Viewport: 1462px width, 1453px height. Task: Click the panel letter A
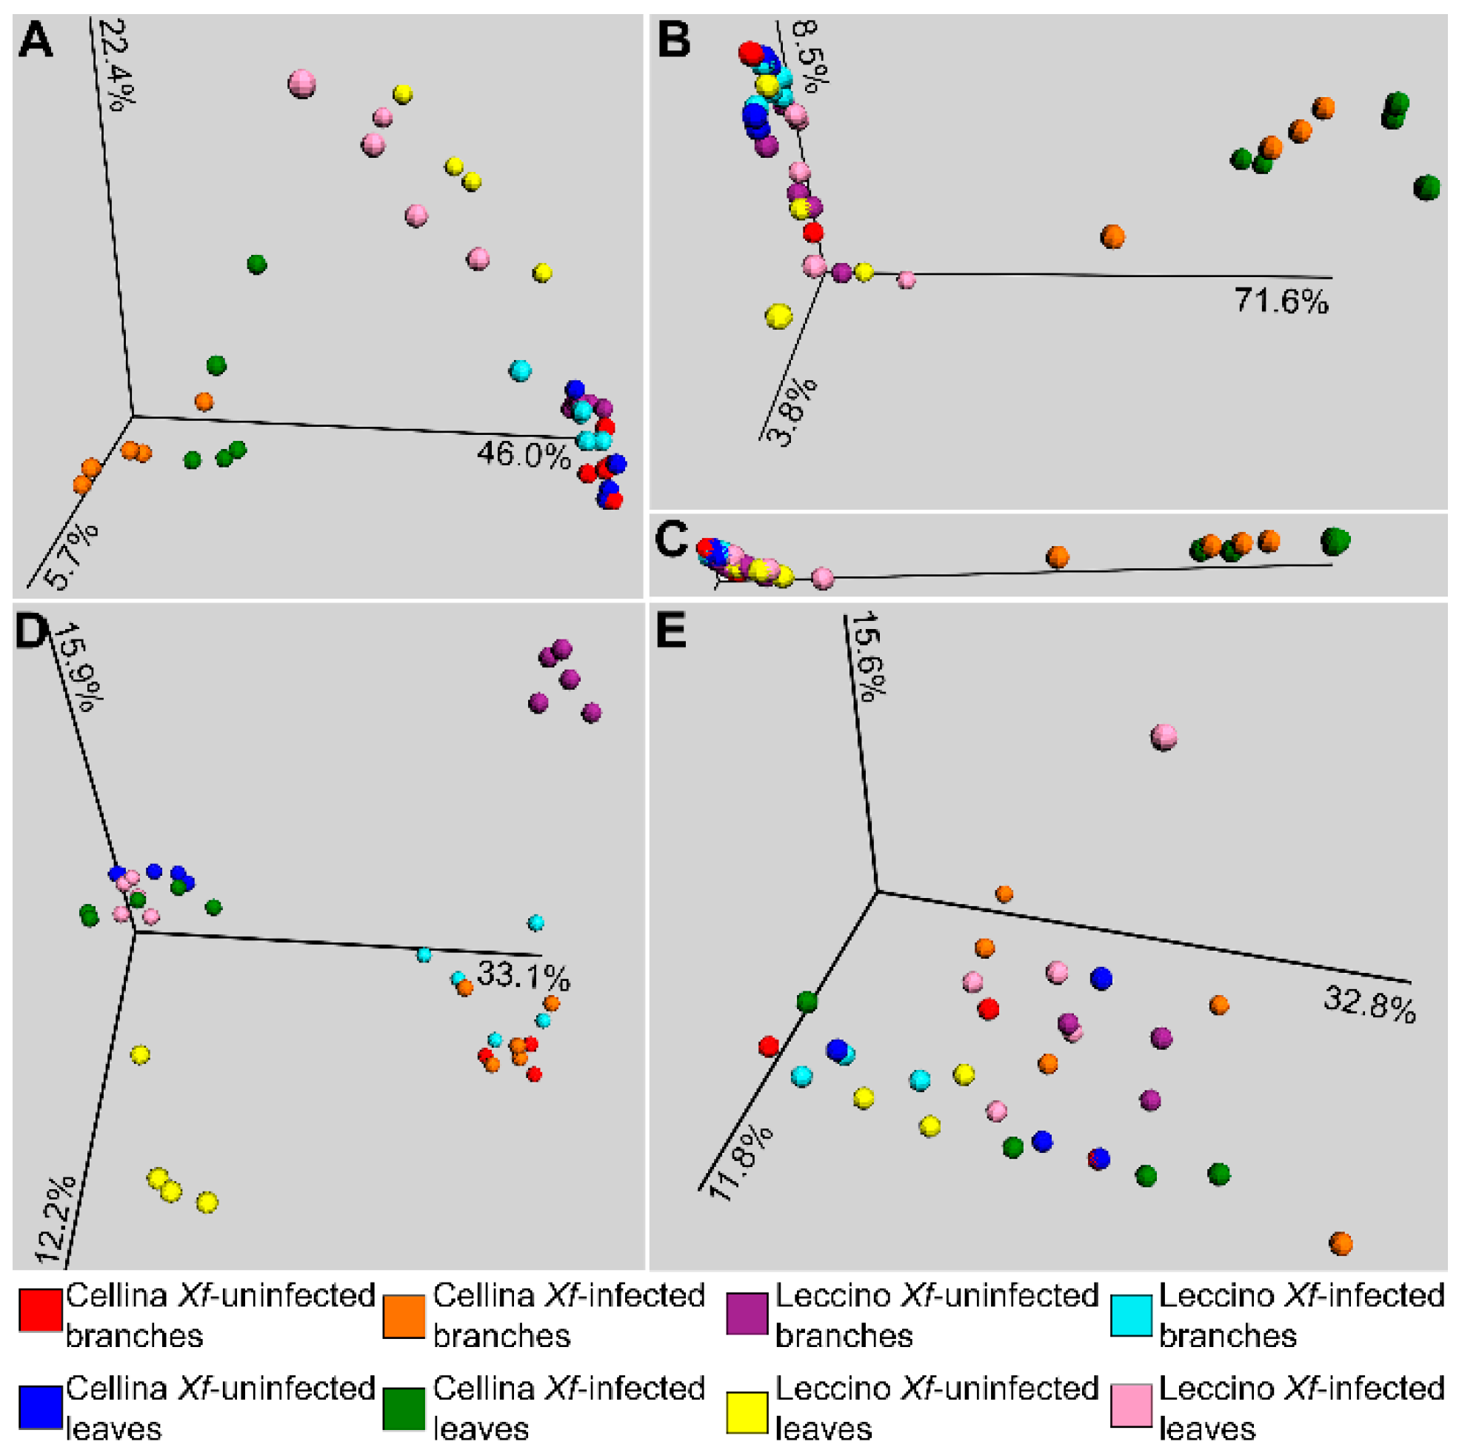[x=36, y=41]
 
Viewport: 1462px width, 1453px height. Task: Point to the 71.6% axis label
[x=1281, y=302]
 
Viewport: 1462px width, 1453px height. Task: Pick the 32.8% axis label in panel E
[x=1369, y=1006]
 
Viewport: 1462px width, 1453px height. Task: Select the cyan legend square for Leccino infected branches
[x=1132, y=1315]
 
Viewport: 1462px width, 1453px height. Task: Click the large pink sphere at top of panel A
[x=302, y=84]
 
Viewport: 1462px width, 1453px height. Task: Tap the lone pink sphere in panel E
[x=1164, y=736]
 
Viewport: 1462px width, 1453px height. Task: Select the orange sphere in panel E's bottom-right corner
[x=1341, y=1243]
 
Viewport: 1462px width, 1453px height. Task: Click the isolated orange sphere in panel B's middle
[x=1112, y=237]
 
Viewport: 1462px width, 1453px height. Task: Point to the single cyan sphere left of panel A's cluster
[x=520, y=371]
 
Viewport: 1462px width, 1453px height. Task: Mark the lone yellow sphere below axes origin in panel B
[x=778, y=316]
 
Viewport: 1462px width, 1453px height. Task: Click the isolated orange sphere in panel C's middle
[x=1057, y=557]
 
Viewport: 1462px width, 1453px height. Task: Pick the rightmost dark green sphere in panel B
[x=1426, y=187]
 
